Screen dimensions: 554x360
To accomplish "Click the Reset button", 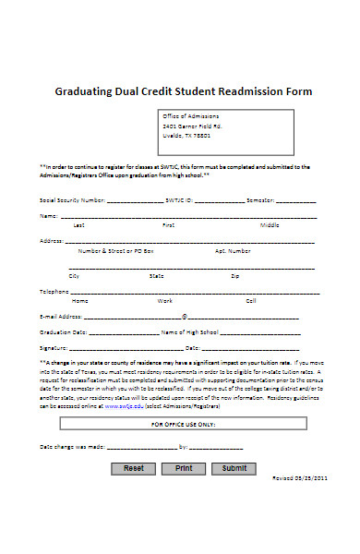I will (x=134, y=468).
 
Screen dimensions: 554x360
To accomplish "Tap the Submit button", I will (x=235, y=468).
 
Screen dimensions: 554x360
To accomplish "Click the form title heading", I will (x=184, y=91).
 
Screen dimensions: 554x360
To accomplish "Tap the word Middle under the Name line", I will (x=270, y=225).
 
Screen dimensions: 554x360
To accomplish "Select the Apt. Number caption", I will (x=233, y=251).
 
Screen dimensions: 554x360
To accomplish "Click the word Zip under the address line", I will (x=234, y=276).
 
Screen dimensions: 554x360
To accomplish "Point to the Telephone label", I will (x=54, y=291).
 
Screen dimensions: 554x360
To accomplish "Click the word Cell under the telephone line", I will (x=250, y=301).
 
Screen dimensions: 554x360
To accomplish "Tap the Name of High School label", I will (x=190, y=331).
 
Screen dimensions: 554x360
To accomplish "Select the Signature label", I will (x=53, y=348).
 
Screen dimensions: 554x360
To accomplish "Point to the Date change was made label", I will (x=72, y=446).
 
